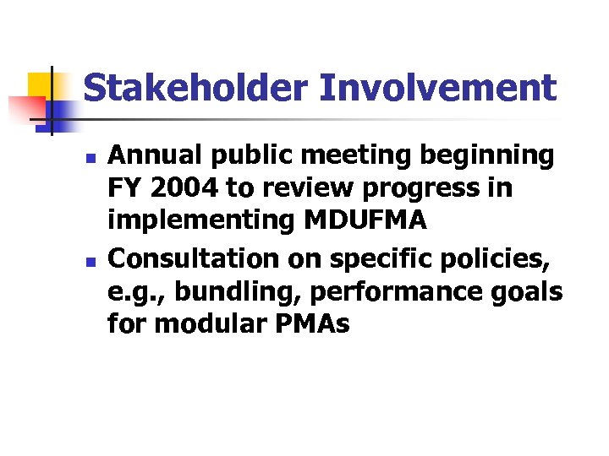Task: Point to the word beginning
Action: (x=491, y=155)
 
